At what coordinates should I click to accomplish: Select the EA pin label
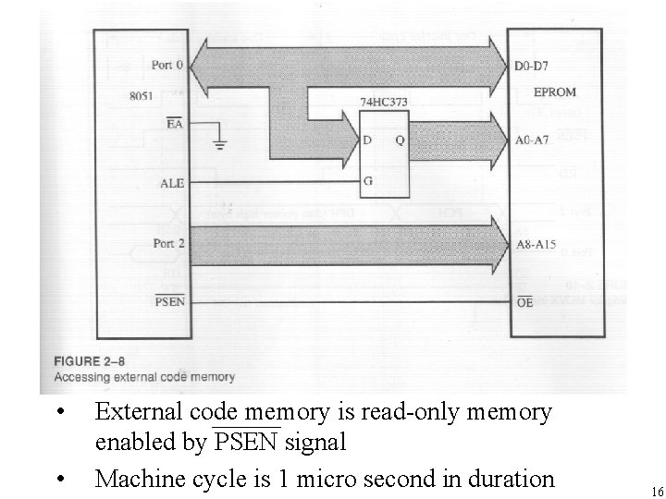173,125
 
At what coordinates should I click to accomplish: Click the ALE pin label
172,183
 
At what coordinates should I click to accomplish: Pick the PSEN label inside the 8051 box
168,301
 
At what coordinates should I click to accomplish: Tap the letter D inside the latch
368,142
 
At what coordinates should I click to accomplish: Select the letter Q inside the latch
399,142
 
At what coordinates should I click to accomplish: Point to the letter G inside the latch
368,180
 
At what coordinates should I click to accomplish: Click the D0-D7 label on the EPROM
530,67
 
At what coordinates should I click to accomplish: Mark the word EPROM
556,93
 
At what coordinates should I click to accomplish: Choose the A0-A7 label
531,142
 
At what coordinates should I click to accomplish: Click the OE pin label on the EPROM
524,302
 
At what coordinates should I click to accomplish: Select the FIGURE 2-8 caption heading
93,361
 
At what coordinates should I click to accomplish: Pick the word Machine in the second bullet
132,479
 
